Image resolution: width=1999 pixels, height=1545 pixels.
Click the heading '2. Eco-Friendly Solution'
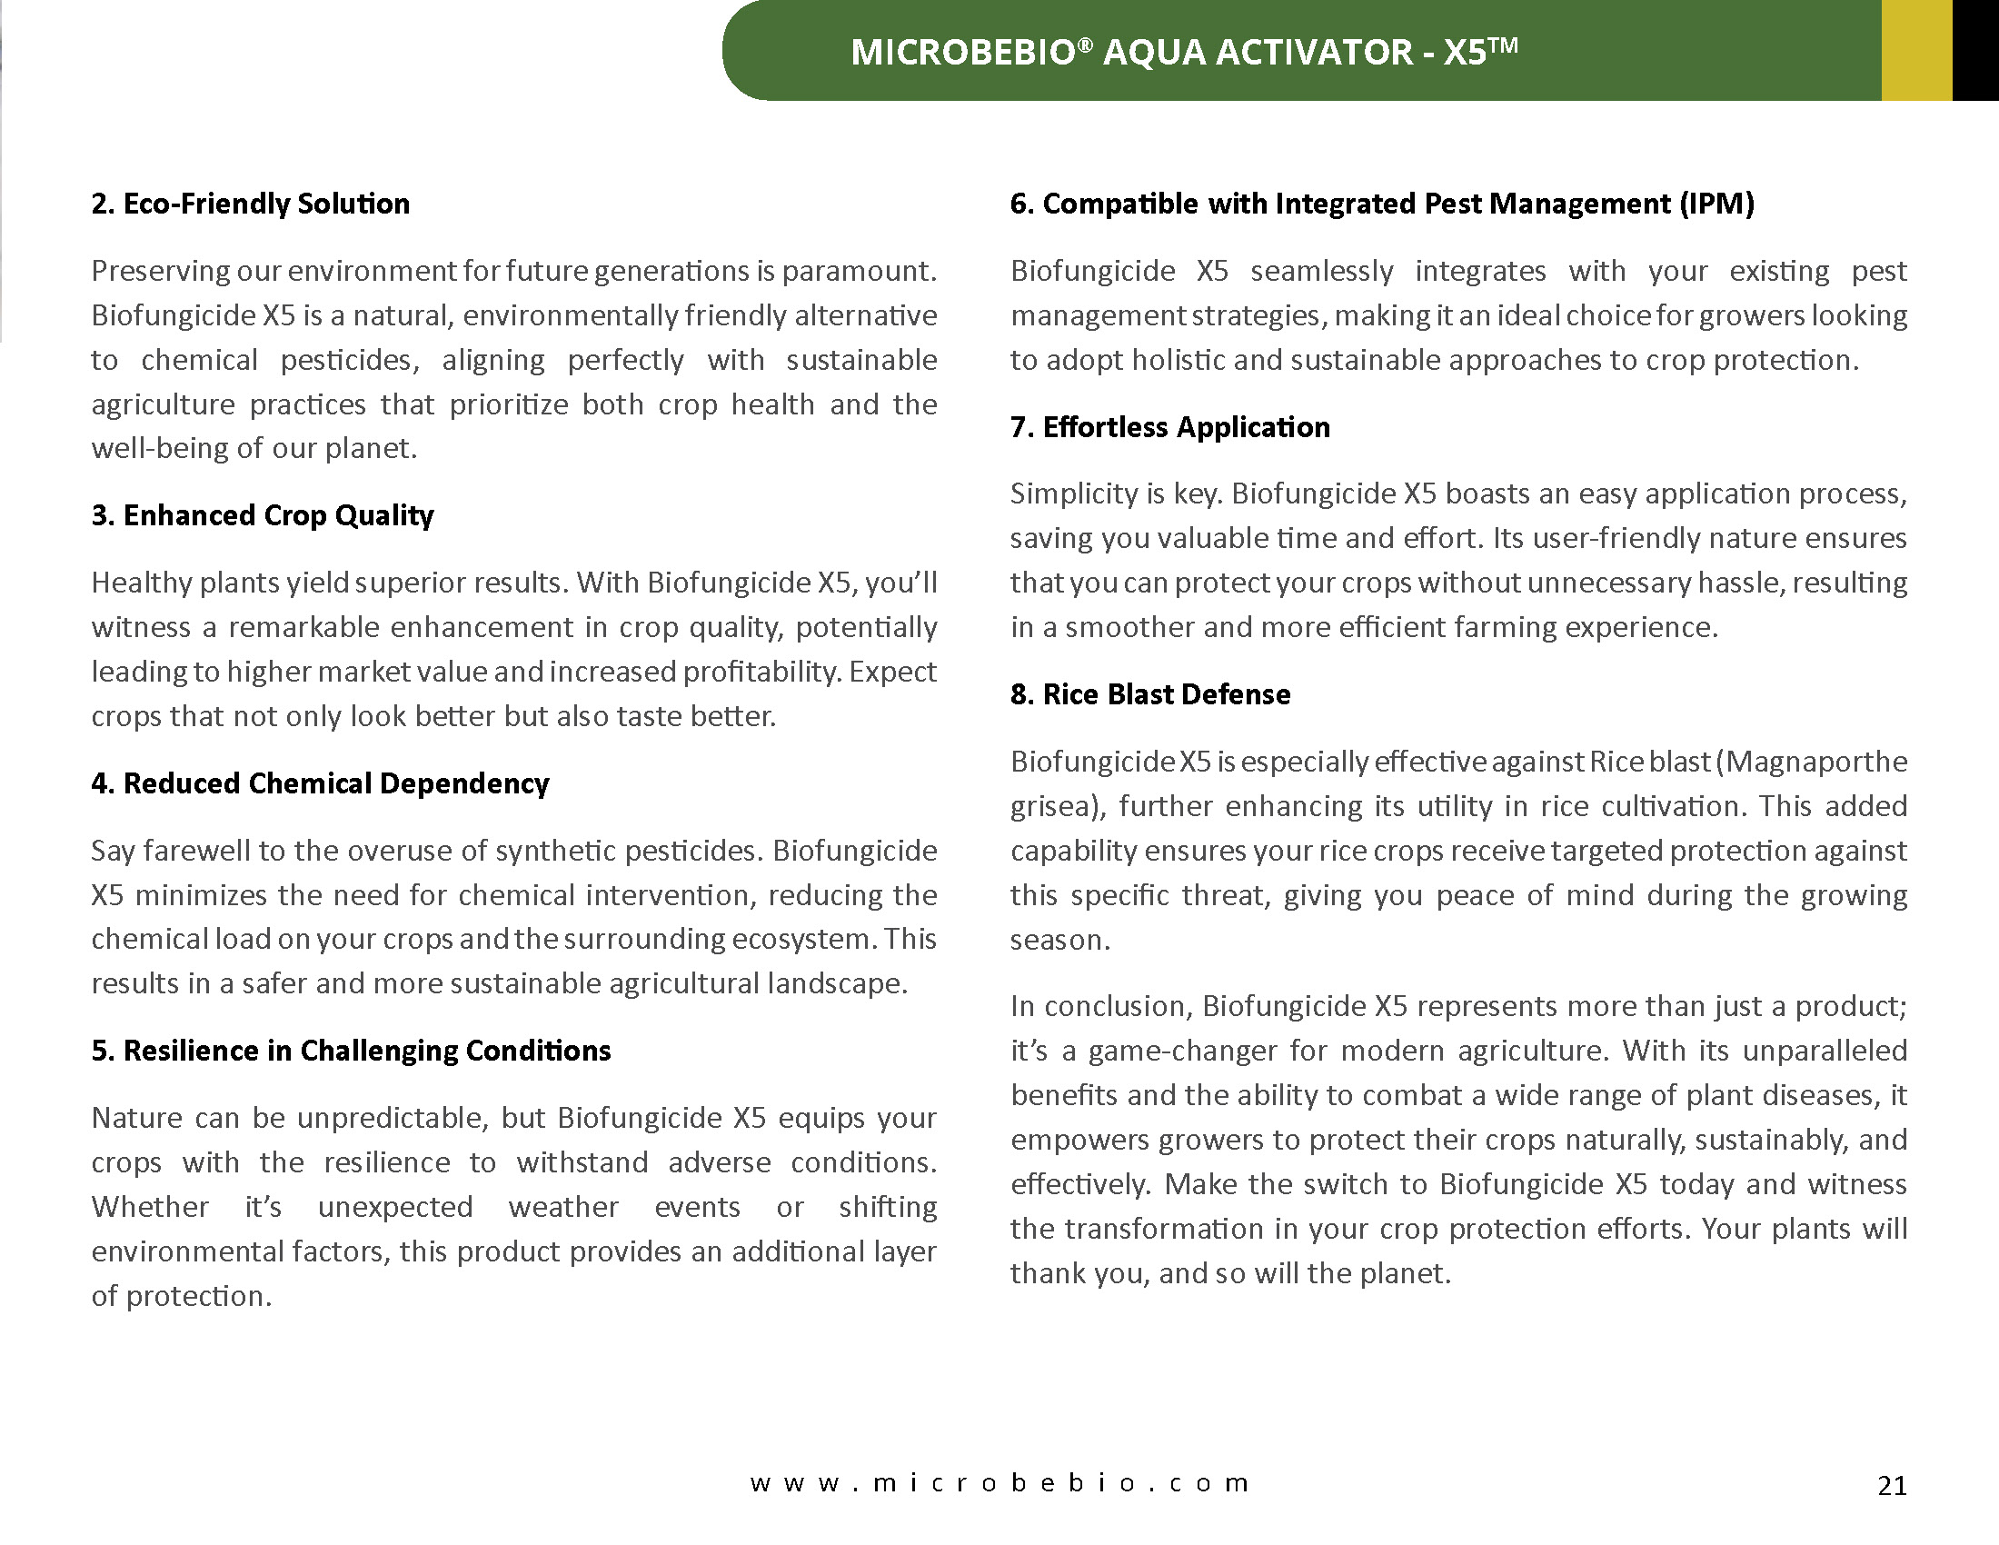(x=250, y=204)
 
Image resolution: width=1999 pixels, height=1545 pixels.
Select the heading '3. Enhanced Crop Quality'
(x=262, y=515)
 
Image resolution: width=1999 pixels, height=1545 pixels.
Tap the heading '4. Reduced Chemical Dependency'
(x=320, y=783)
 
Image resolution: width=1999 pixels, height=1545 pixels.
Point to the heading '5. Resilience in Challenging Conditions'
(x=351, y=1051)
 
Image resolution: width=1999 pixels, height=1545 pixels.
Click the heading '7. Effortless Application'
(x=1169, y=427)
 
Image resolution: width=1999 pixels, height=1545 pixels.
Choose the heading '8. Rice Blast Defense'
(x=1150, y=694)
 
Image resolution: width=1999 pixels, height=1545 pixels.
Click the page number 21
(x=1892, y=1485)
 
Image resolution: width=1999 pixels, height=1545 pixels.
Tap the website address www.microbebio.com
(x=999, y=1483)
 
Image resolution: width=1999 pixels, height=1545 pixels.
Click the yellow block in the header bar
(x=1916, y=50)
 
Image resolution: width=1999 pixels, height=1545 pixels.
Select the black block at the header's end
(x=1975, y=50)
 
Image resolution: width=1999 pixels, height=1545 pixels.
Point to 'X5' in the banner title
(x=1465, y=52)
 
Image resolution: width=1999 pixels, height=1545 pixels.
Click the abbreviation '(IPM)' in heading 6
(x=1716, y=204)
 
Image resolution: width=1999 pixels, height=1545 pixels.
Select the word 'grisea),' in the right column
(x=1058, y=806)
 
